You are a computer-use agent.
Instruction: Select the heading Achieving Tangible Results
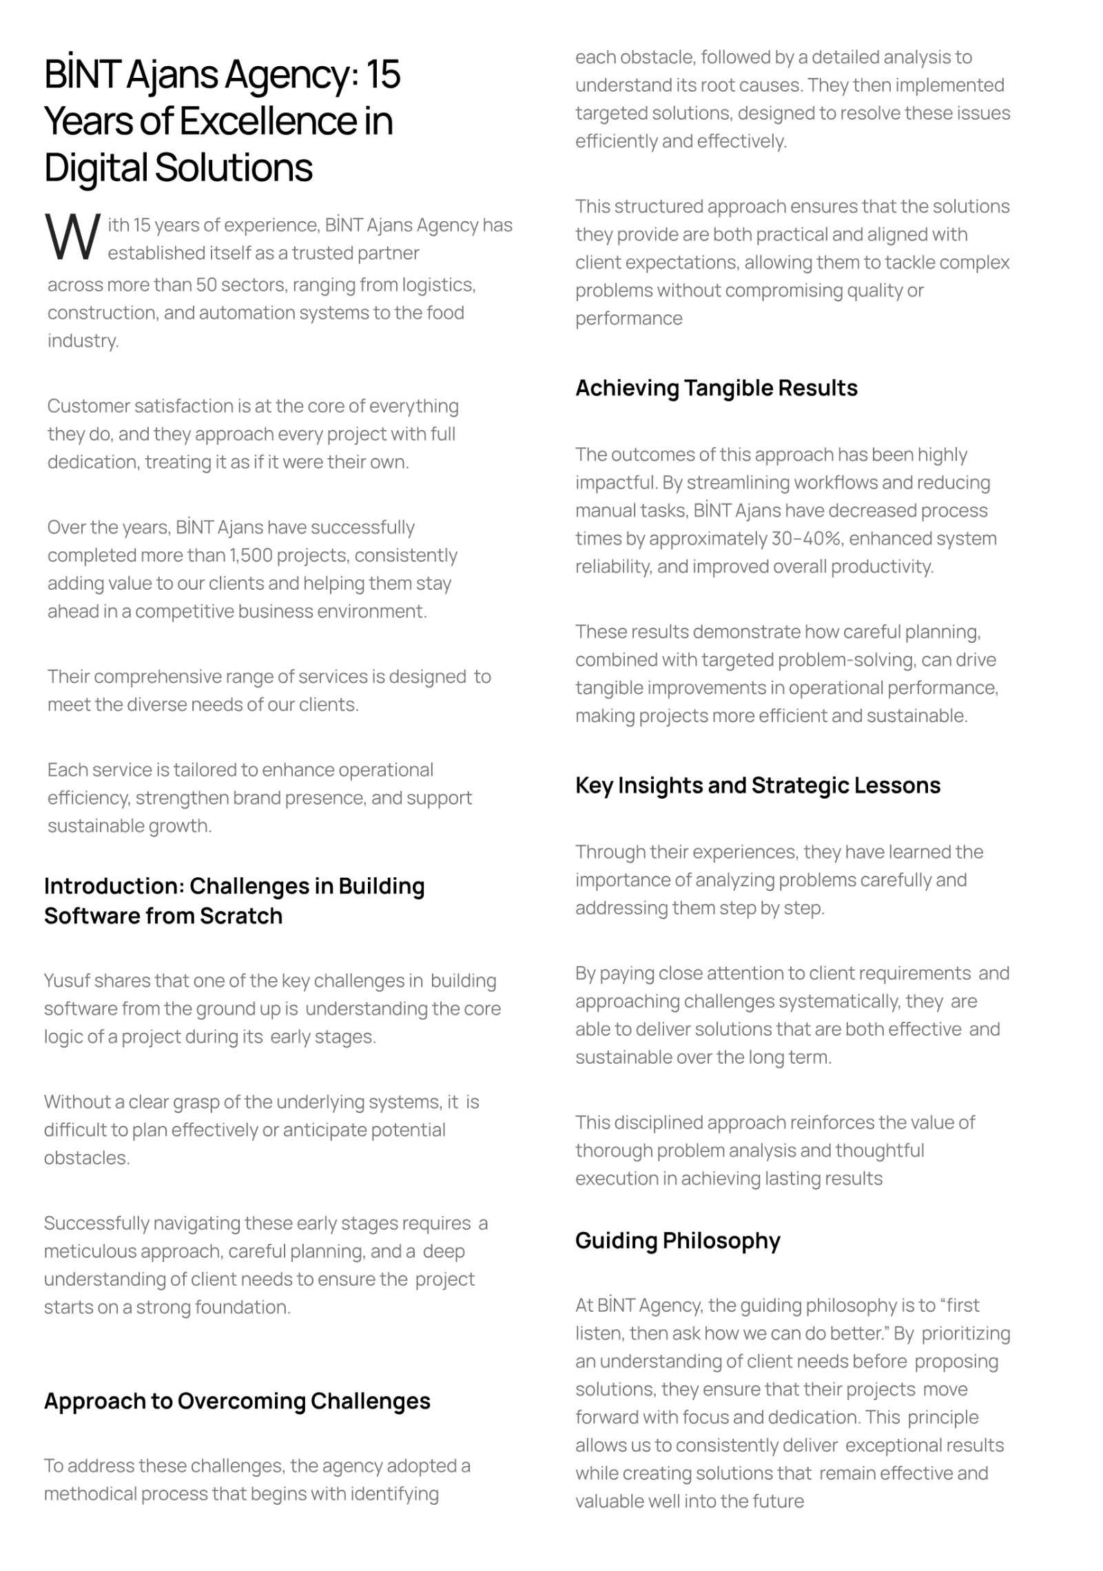click(717, 388)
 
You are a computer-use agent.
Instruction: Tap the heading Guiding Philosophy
click(678, 1240)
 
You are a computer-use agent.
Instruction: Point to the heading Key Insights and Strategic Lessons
click(758, 785)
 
